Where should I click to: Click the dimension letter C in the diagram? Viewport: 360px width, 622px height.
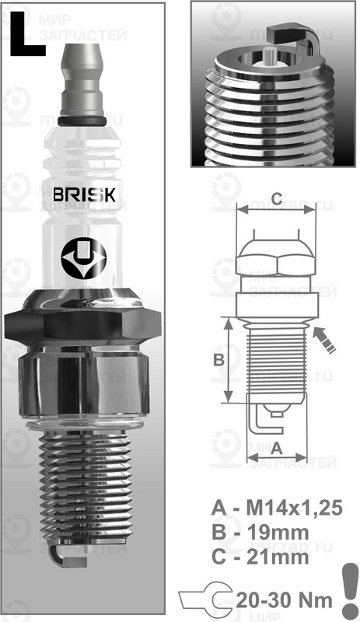[276, 195]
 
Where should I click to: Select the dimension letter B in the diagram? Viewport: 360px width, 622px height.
[219, 360]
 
